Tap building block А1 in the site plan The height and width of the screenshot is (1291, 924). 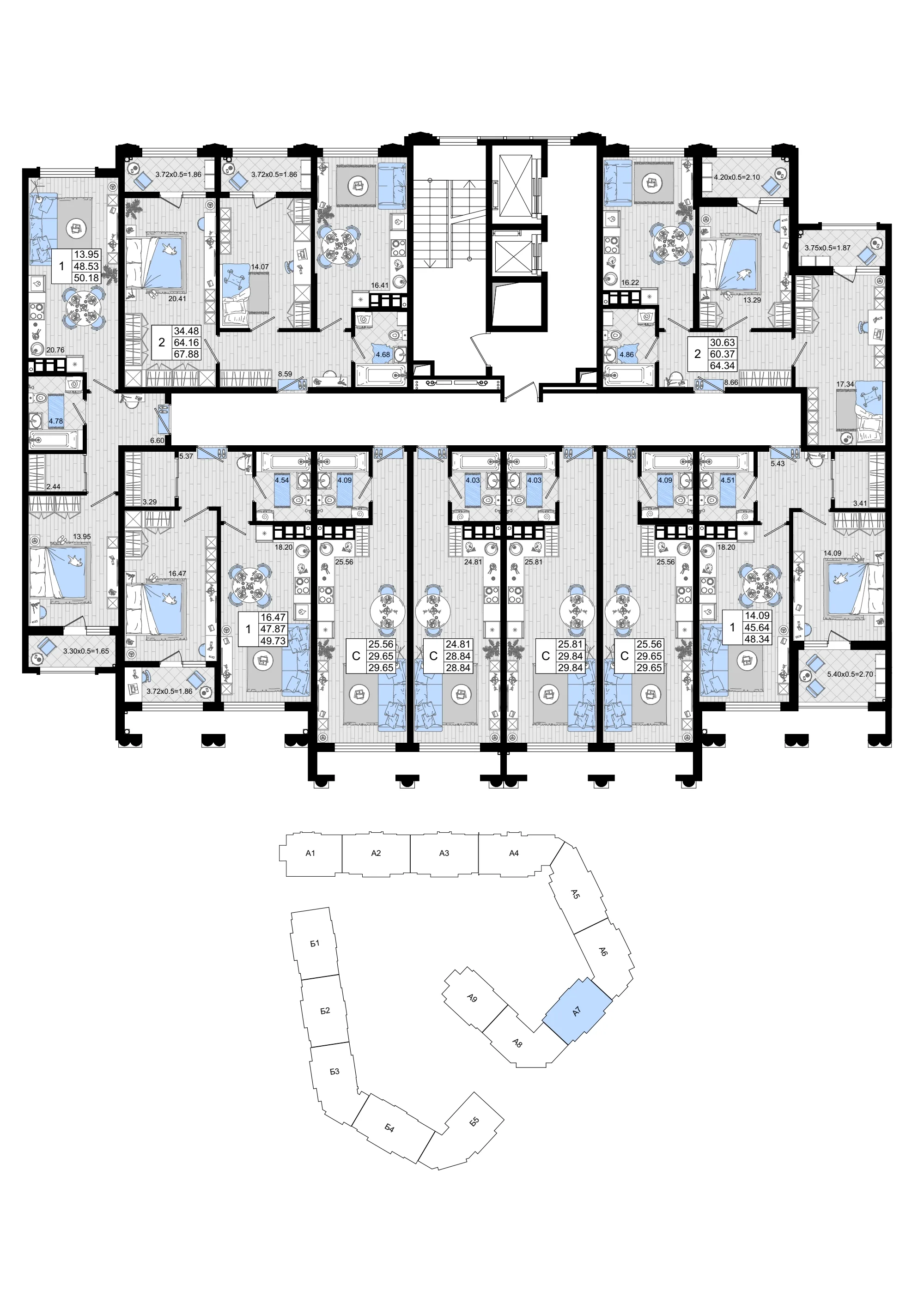click(x=310, y=853)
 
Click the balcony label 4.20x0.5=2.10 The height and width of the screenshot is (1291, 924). click(x=737, y=177)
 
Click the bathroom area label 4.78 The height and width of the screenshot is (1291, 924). click(x=56, y=421)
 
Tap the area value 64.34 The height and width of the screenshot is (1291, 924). click(x=722, y=366)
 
